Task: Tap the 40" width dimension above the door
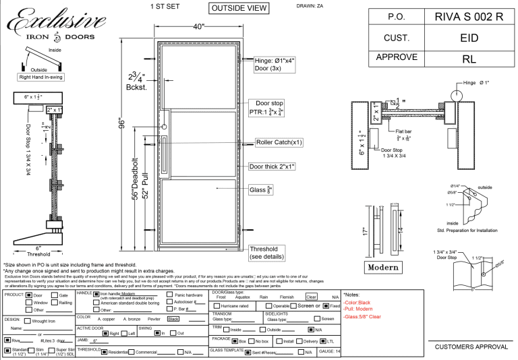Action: click(x=198, y=26)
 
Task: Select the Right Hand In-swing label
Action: click(x=40, y=78)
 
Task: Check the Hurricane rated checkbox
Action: click(x=216, y=305)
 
